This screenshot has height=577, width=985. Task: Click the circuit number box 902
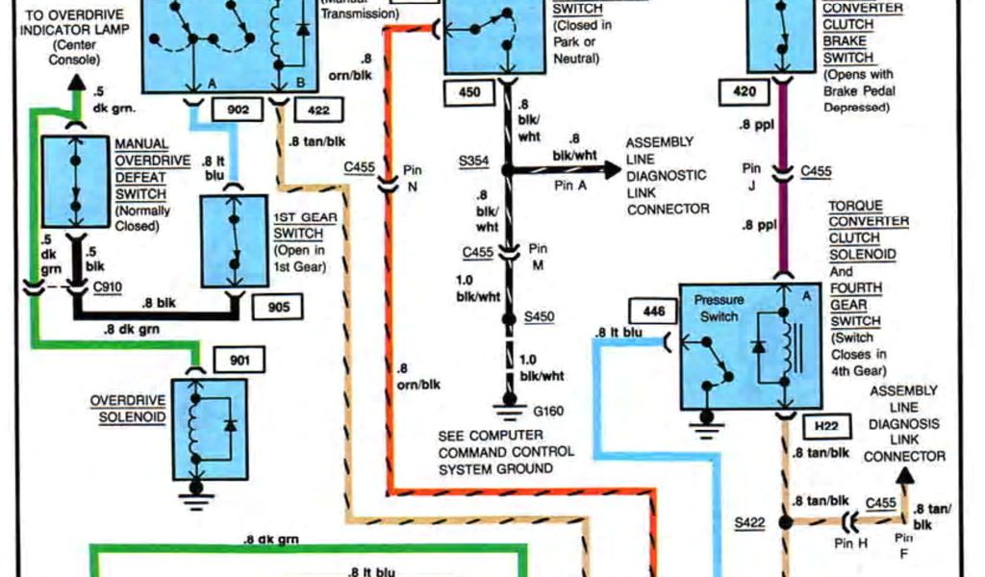pyautogui.click(x=238, y=111)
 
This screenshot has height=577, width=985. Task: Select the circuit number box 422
pyautogui.click(x=319, y=111)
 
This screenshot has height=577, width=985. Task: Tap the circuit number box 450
pyautogui.click(x=469, y=93)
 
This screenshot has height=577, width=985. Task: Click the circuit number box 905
pyautogui.click(x=278, y=307)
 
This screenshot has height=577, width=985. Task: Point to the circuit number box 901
pyautogui.click(x=239, y=361)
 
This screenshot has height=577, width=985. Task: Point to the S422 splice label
pyautogui.click(x=749, y=523)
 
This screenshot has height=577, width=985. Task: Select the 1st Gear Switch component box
pyautogui.click(x=235, y=240)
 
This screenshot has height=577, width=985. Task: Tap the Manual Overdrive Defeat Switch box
pyautogui.click(x=75, y=185)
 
